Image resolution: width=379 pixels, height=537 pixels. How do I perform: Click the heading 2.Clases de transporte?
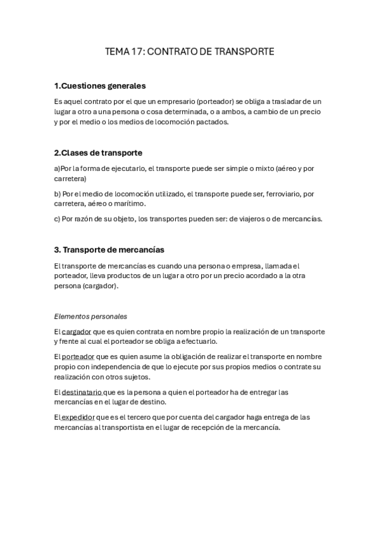click(x=98, y=153)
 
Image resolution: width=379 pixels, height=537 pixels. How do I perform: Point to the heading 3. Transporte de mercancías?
click(x=109, y=250)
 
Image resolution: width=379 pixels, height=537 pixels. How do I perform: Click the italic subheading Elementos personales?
click(x=90, y=315)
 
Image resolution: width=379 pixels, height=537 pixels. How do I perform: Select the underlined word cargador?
click(x=77, y=331)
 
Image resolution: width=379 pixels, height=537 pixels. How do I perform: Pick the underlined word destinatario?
click(x=82, y=392)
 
